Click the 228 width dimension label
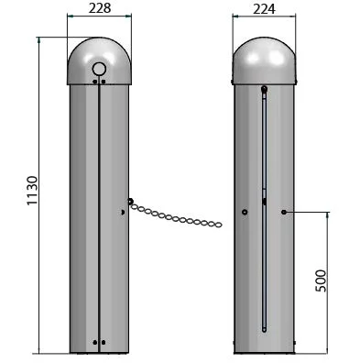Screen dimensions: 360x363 (x=100, y=8)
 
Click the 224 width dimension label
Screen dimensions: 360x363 (x=264, y=9)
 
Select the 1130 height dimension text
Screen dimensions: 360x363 (x=32, y=191)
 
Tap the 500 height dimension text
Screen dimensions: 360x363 (x=321, y=280)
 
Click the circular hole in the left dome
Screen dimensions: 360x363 (x=99, y=69)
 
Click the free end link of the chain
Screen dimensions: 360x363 (x=218, y=225)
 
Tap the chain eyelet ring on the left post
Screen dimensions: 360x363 (x=130, y=202)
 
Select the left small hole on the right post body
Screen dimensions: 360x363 (x=245, y=212)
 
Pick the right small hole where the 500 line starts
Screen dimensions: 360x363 (x=284, y=212)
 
